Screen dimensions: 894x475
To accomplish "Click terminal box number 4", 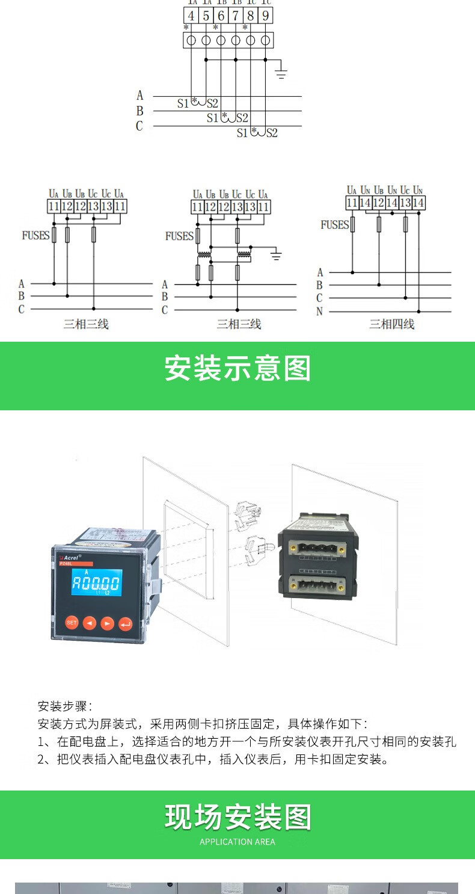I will click(191, 16).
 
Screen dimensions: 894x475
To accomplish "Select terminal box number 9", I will click(266, 16).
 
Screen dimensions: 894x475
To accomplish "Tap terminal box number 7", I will click(236, 16).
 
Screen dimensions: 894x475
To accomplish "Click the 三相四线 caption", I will click(391, 325).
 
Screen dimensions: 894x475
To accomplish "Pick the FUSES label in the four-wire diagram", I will click(334, 225).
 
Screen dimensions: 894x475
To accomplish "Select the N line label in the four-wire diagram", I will click(320, 311).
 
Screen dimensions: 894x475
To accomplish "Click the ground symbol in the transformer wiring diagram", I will click(276, 256).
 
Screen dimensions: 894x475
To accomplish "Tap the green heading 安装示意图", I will click(237, 369).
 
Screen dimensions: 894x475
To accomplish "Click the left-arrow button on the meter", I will click(90, 623).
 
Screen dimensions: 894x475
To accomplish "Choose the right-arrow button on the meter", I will click(107, 623).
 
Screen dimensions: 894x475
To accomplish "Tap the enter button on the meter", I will click(126, 623).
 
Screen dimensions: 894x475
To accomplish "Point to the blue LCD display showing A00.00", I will click(96, 583).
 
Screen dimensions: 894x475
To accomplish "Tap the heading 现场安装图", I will click(237, 818).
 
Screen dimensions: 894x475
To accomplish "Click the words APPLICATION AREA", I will click(237, 842).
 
